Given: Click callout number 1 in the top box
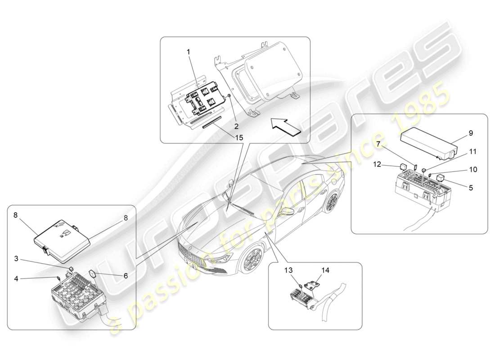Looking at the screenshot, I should pyautogui.click(x=189, y=52).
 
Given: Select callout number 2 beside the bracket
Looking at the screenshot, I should pyautogui.click(x=236, y=113).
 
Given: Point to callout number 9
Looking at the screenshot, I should pyautogui.click(x=471, y=133).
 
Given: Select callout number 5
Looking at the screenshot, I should pyautogui.click(x=471, y=187).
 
